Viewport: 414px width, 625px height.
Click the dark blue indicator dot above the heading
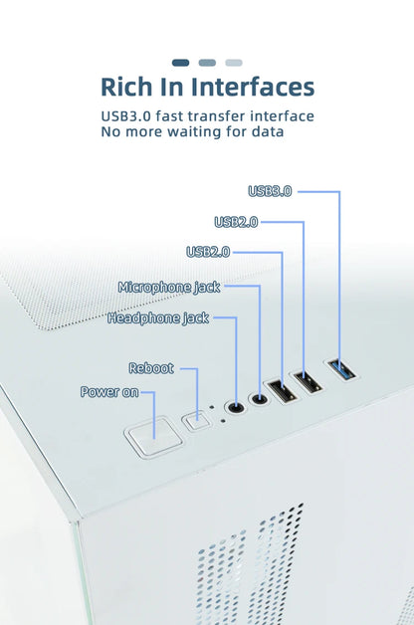(180, 63)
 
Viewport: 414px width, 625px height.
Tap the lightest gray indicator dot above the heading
(234, 63)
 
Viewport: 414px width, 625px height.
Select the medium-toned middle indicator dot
(207, 63)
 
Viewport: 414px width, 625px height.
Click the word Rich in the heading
(126, 87)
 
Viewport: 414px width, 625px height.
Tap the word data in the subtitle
(268, 131)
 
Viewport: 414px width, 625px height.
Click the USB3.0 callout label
(270, 191)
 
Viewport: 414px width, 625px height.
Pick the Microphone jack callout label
(169, 287)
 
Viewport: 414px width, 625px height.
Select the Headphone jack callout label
(158, 318)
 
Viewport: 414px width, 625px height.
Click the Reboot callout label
(151, 368)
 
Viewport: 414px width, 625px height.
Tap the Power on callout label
(109, 392)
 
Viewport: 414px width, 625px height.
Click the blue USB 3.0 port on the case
(341, 369)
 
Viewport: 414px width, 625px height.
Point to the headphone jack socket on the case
(235, 407)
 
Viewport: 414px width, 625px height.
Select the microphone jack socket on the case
(259, 399)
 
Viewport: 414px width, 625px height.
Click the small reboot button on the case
(195, 420)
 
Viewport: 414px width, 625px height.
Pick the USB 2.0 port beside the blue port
(308, 382)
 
